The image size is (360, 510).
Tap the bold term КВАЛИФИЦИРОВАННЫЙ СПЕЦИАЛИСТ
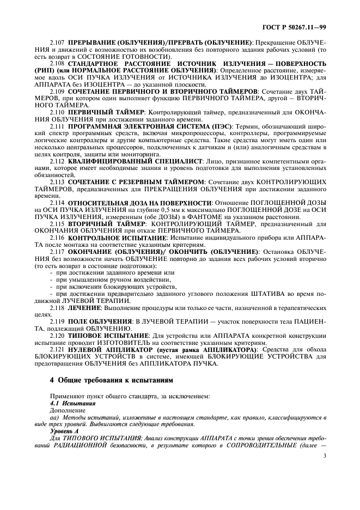134,161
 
